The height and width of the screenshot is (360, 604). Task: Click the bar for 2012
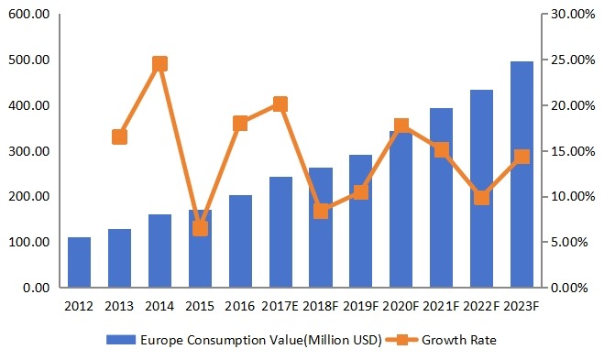pyautogui.click(x=79, y=263)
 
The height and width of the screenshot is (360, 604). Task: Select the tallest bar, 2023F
pyautogui.click(x=522, y=175)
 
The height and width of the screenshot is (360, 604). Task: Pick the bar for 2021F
pyautogui.click(x=441, y=198)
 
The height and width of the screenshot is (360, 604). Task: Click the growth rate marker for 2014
pyautogui.click(x=159, y=64)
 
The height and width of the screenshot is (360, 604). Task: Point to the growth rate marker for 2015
pyautogui.click(x=200, y=228)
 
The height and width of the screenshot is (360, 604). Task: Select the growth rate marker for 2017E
pyautogui.click(x=280, y=104)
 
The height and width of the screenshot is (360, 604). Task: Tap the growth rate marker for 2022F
pyautogui.click(x=481, y=197)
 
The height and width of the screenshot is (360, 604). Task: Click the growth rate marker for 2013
pyautogui.click(x=119, y=136)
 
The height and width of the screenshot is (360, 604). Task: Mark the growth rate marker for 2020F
pyautogui.click(x=401, y=125)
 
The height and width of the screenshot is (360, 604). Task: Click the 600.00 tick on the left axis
pyautogui.click(x=29, y=15)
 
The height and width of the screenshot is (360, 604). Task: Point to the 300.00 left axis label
pyautogui.click(x=29, y=151)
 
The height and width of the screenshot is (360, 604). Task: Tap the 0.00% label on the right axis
pyautogui.click(x=573, y=288)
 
